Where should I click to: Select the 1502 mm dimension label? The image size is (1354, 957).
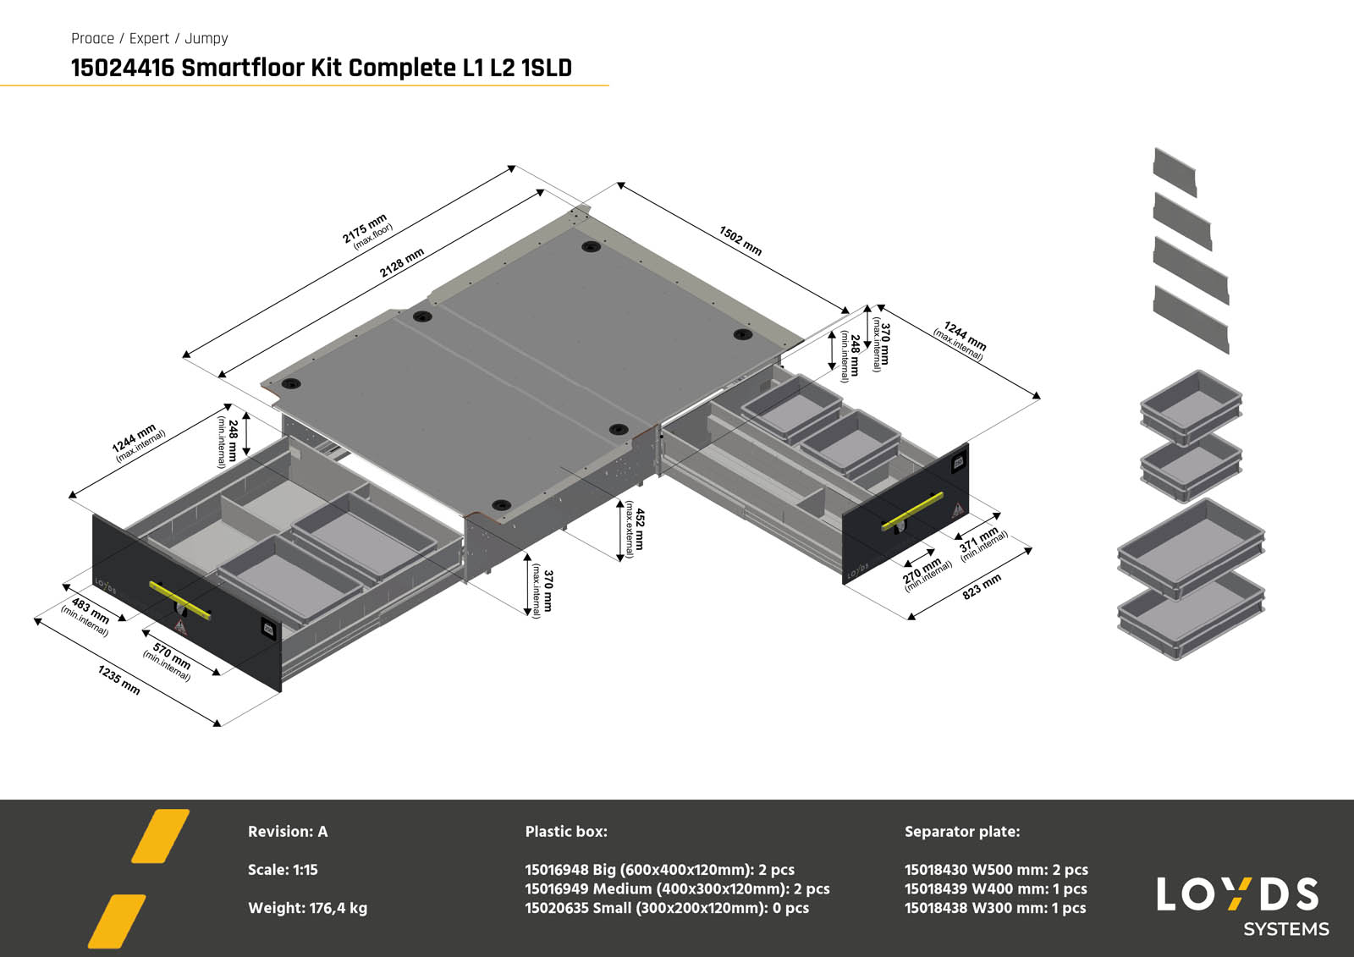click(x=740, y=240)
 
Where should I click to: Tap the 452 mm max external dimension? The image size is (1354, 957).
click(x=635, y=529)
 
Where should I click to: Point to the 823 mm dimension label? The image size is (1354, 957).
click(x=982, y=586)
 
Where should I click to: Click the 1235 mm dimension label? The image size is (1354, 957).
click(x=118, y=679)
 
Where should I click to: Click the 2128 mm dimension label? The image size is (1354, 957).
click(x=401, y=263)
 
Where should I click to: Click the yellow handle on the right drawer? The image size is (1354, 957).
click(x=912, y=511)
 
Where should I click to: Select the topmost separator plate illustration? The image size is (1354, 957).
click(x=1175, y=172)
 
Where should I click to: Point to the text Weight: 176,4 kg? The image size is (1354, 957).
click(x=307, y=908)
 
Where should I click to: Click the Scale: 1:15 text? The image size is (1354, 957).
click(x=283, y=870)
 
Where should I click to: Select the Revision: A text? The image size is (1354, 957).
click(x=288, y=832)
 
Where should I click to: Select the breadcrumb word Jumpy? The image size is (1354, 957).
click(x=206, y=39)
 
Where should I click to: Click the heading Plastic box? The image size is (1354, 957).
click(x=566, y=832)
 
